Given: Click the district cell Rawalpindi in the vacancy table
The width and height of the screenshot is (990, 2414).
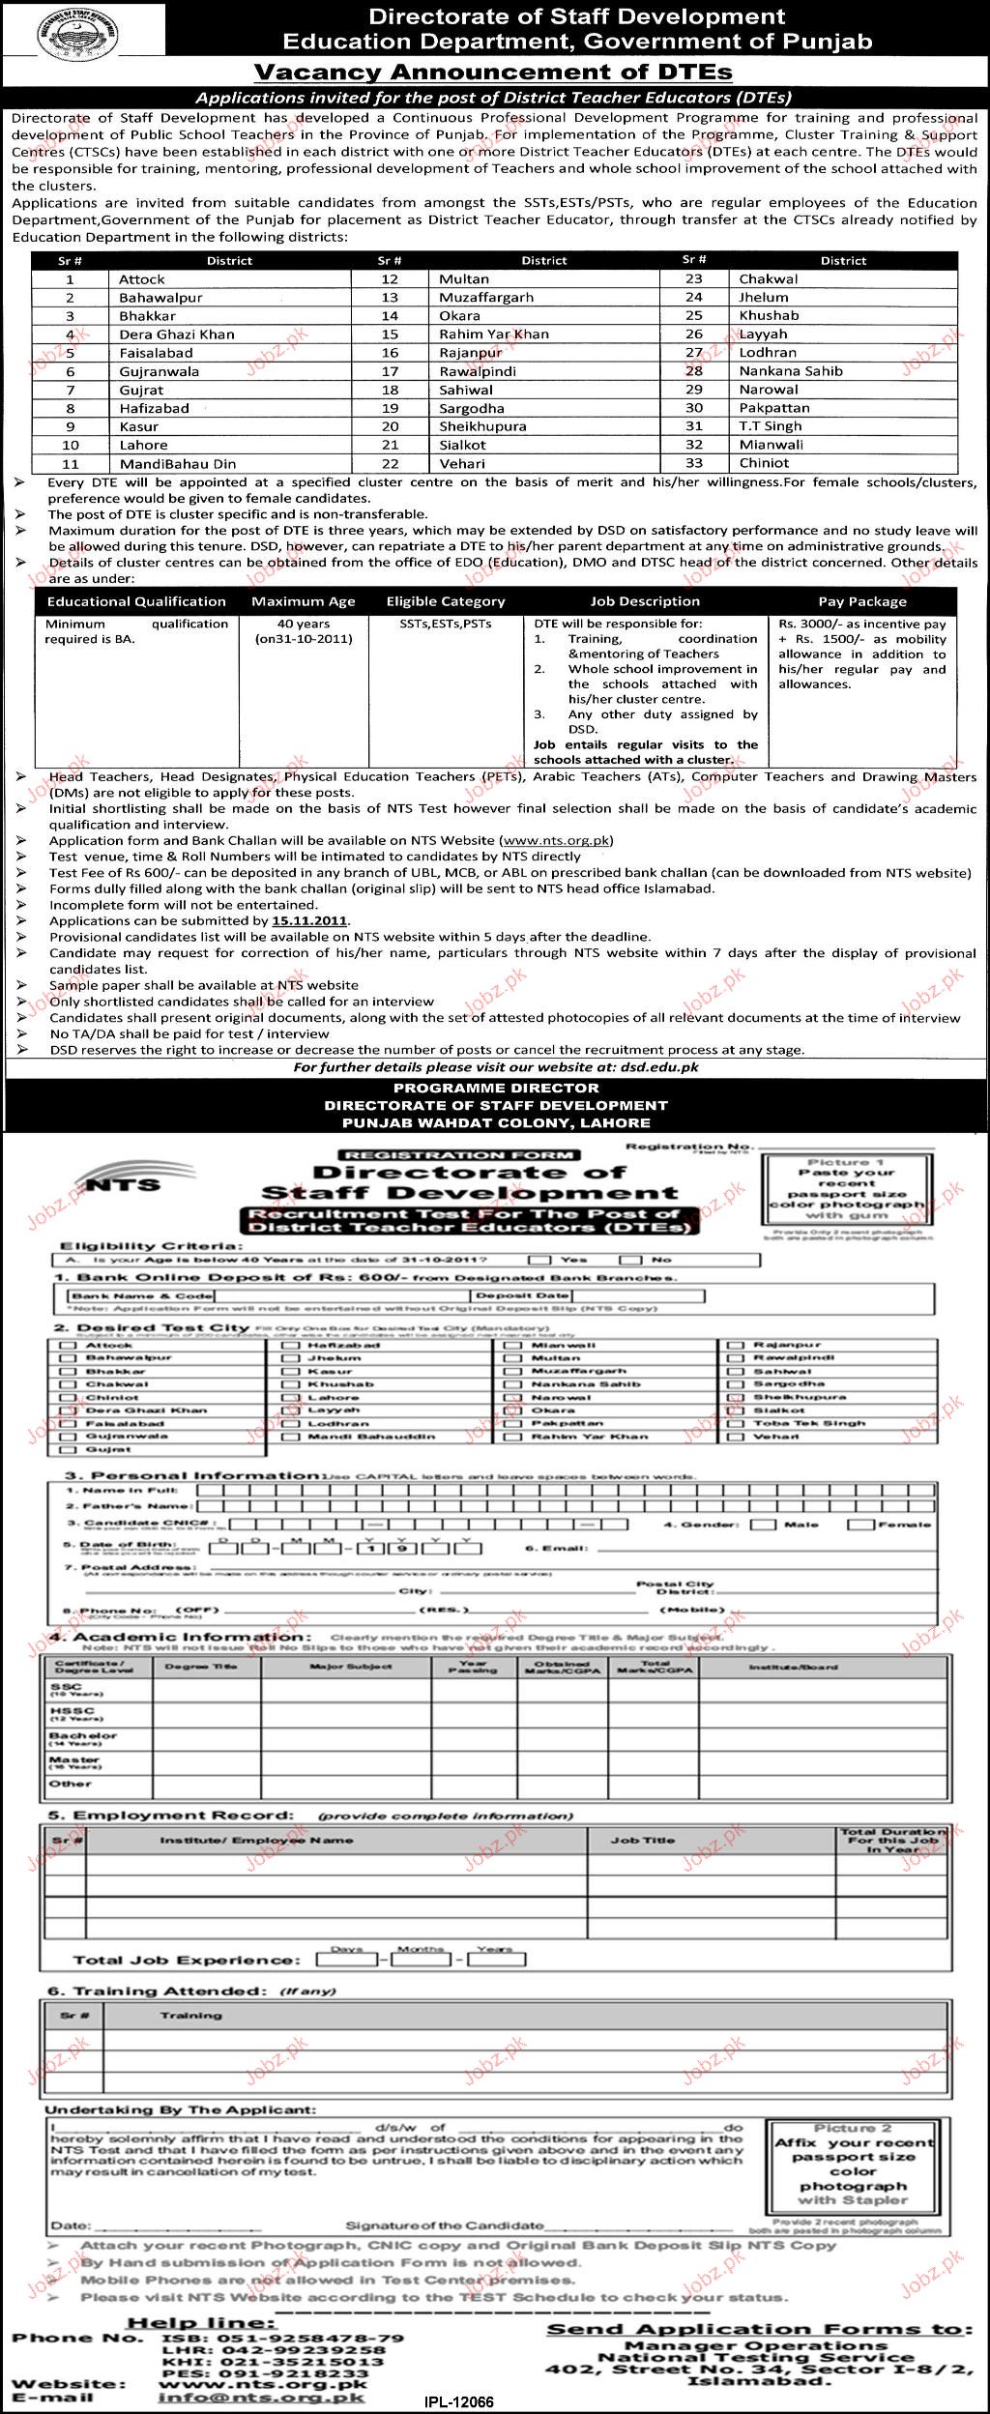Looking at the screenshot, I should pos(478,371).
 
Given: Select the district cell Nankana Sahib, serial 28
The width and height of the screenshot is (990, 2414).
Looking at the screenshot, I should pos(790,371).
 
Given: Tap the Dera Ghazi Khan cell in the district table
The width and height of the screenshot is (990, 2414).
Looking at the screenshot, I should pos(176,334).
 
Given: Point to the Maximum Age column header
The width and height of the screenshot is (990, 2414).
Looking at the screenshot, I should pos(303,601).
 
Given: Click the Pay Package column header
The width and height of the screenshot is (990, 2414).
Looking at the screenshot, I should pos(862,601).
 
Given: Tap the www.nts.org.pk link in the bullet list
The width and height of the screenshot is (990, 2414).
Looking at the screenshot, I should pos(556,841).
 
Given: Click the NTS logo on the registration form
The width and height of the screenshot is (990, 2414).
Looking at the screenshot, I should pos(120,1183).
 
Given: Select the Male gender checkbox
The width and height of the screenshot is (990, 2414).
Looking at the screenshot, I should pos(763,1525).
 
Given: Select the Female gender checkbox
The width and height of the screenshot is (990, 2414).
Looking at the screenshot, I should pos(859,1525).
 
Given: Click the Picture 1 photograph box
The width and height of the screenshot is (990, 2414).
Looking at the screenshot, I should pos(846,1191).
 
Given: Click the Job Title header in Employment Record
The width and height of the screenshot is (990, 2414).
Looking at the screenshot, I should pos(643,1841).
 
